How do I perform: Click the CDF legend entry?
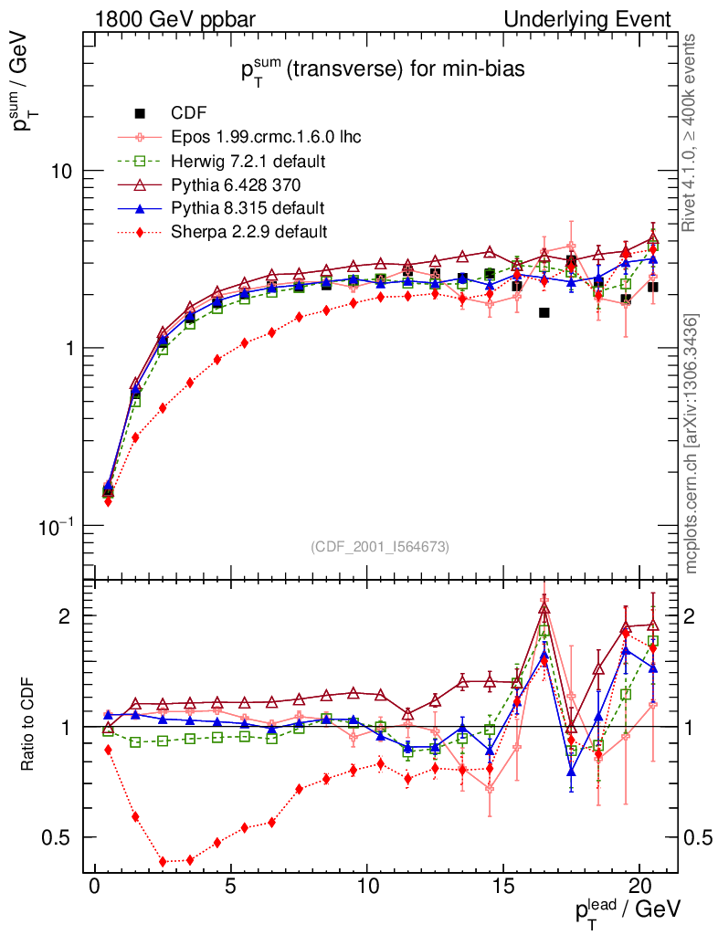(x=188, y=113)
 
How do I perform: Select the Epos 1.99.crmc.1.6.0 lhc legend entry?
(x=266, y=137)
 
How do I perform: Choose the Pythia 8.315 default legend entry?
(x=248, y=208)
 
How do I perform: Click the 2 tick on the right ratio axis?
(x=692, y=616)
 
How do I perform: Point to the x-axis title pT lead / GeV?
(x=627, y=909)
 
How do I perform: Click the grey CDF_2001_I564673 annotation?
(x=380, y=546)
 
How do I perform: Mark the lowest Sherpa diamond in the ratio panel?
(x=163, y=861)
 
